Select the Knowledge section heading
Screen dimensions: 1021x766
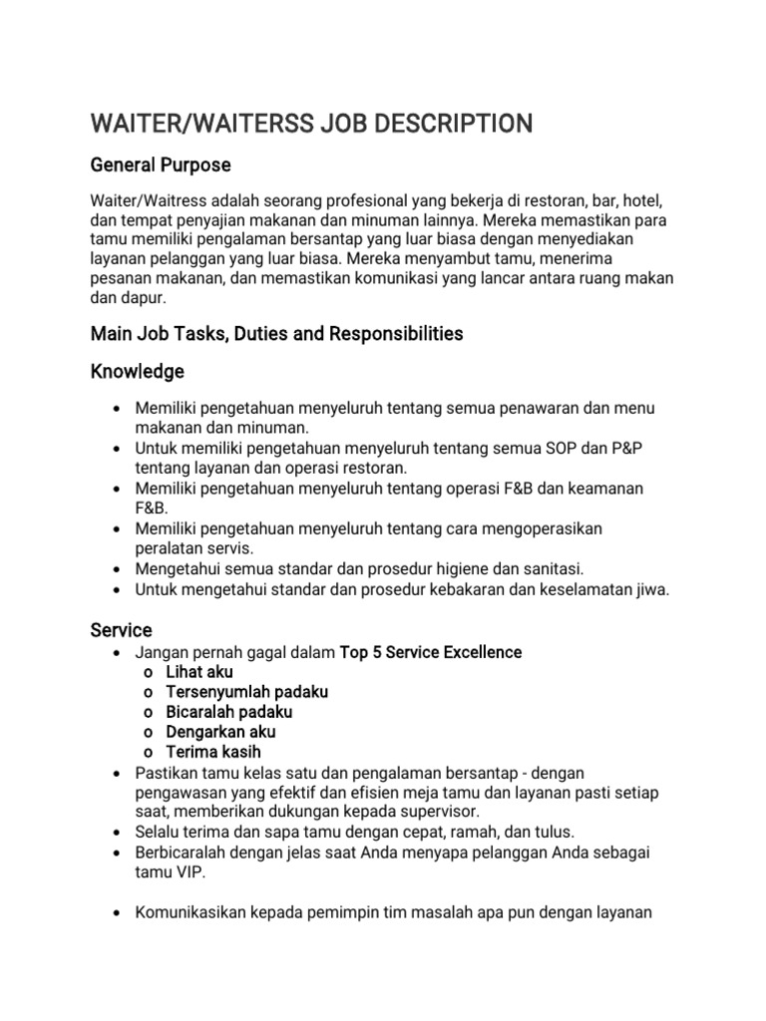click(138, 372)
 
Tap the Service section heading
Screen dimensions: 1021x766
click(121, 630)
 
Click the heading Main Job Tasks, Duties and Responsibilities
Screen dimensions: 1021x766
click(276, 334)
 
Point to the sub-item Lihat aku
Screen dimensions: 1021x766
click(199, 672)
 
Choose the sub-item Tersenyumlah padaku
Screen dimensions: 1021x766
click(247, 692)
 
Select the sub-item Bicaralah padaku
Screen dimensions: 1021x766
click(229, 712)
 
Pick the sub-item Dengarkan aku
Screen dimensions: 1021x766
click(220, 732)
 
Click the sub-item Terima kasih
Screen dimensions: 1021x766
click(213, 752)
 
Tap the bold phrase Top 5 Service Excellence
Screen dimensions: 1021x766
click(431, 652)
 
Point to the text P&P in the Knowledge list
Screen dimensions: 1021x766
click(625, 448)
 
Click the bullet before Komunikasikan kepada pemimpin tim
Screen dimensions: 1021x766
click(119, 911)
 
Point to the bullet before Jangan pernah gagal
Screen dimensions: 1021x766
click(119, 652)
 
